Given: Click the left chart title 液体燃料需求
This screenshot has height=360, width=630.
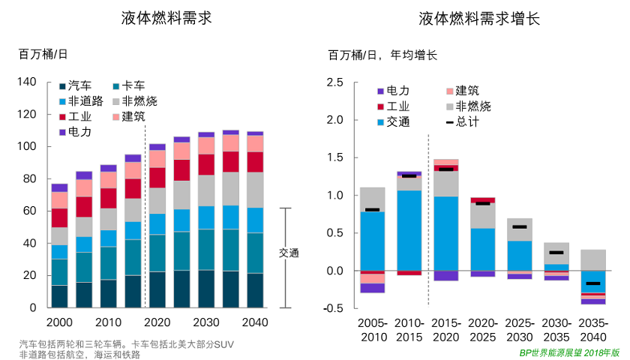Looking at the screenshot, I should pyautogui.click(x=166, y=19).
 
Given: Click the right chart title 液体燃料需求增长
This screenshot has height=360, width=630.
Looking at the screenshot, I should pyautogui.click(x=479, y=19).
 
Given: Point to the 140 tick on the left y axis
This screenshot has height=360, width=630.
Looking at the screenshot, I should pyautogui.click(x=25, y=82).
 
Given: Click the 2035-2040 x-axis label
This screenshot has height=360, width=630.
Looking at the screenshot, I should pyautogui.click(x=593, y=330).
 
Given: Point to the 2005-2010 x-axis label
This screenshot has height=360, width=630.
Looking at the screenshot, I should pyautogui.click(x=373, y=330).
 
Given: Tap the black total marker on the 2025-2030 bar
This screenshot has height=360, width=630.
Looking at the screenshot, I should pyautogui.click(x=519, y=226).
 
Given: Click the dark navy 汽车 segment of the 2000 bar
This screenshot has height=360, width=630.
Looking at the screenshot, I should pyautogui.click(x=59, y=296).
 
